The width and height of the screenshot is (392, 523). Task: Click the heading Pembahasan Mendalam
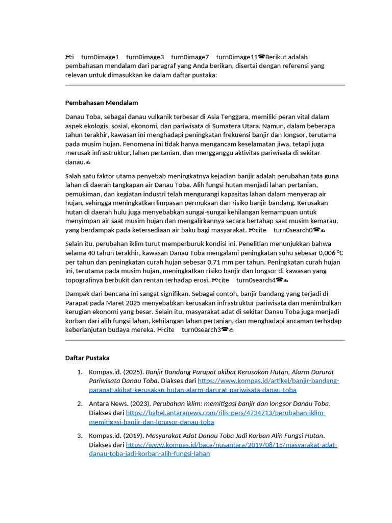pyautogui.click(x=102, y=103)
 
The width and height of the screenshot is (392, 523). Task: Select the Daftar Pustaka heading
pyautogui.click(x=87, y=358)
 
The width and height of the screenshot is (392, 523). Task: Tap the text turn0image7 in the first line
pyautogui.click(x=190, y=57)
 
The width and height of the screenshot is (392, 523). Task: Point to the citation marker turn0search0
pyautogui.click(x=292, y=230)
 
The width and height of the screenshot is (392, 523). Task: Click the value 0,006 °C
pyautogui.click(x=331, y=253)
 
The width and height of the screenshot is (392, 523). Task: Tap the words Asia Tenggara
pyautogui.click(x=236, y=117)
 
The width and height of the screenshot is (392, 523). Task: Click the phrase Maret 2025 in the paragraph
pyautogui.click(x=123, y=302)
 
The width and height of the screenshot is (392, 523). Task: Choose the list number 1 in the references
pyautogui.click(x=80, y=372)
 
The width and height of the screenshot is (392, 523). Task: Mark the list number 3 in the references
pyautogui.click(x=80, y=436)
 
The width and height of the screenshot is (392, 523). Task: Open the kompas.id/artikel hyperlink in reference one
pyautogui.click(x=268, y=381)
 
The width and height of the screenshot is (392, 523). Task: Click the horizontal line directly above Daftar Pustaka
pyautogui.click(x=205, y=340)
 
